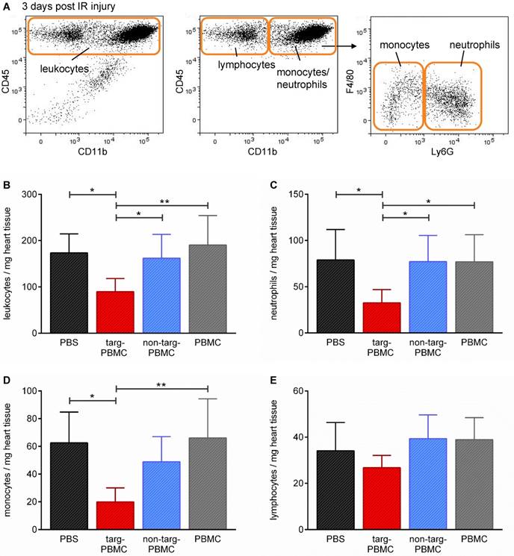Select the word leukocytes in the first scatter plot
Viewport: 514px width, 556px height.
point(64,69)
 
